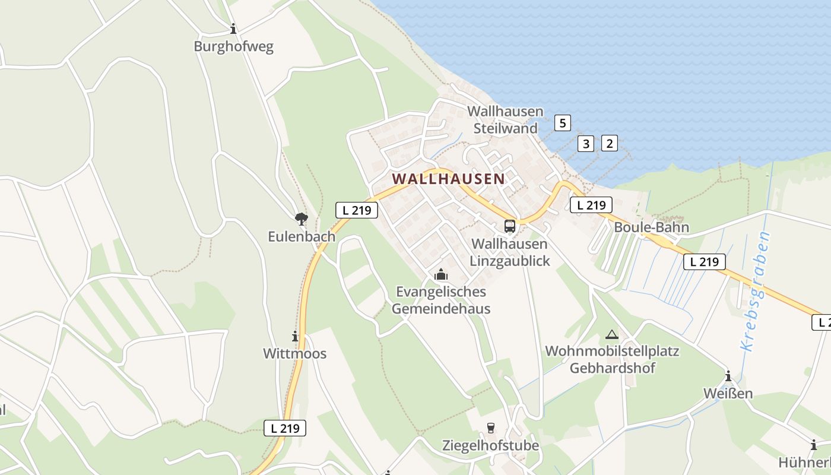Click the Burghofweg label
(x=233, y=46)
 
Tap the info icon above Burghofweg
(x=233, y=28)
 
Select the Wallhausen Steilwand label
(x=505, y=119)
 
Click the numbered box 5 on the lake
(x=562, y=123)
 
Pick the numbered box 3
(x=586, y=143)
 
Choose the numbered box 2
(x=609, y=142)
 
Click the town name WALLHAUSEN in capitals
(x=448, y=178)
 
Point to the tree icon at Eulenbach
(x=302, y=218)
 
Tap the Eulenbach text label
(x=302, y=236)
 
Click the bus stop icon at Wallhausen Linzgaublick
(x=510, y=226)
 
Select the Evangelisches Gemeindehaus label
(x=440, y=300)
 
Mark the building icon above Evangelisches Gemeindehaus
(x=440, y=274)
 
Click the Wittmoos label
(x=294, y=353)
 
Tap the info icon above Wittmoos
(x=294, y=336)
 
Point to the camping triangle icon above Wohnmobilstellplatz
(x=612, y=334)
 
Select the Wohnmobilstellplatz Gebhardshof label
(x=612, y=359)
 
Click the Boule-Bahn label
(x=651, y=227)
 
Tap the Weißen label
(x=728, y=393)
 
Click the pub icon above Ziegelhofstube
(x=490, y=427)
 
